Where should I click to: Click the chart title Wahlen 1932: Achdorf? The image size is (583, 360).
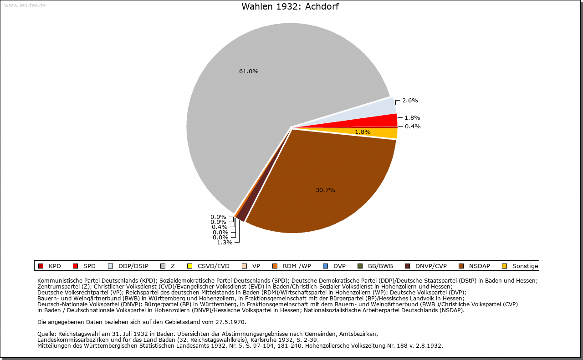point(290,7)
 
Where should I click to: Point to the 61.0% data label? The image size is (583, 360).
point(249,71)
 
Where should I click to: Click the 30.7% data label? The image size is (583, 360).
point(325,190)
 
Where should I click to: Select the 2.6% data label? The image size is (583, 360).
point(410,101)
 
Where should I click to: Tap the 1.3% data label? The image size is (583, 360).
point(225,243)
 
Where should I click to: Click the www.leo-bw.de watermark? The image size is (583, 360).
point(25,5)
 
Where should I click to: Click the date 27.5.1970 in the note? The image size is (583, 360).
point(230,322)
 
